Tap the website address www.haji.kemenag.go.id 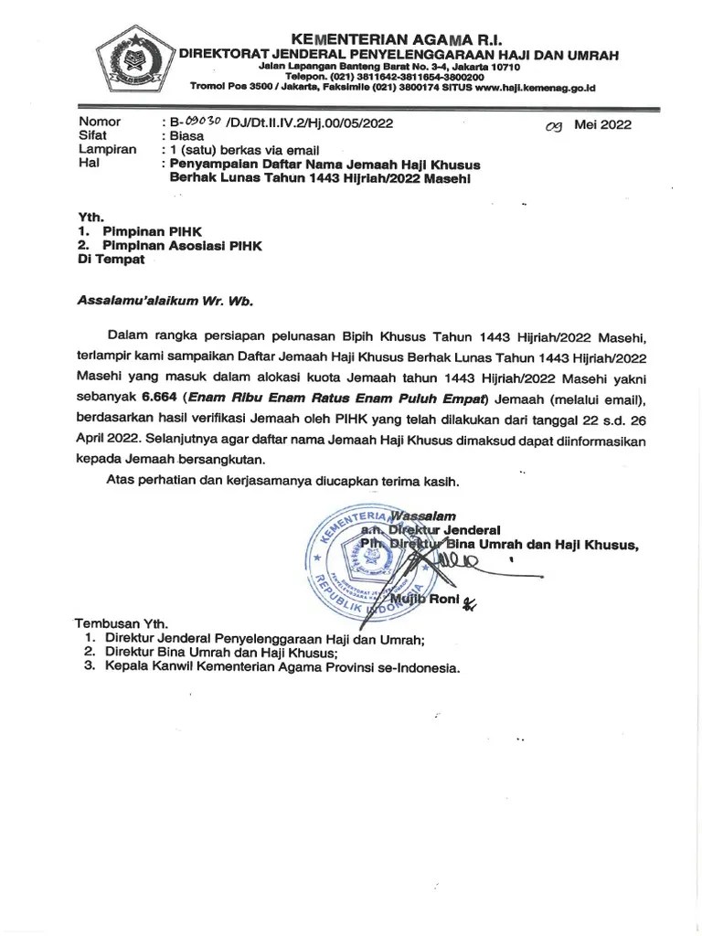tap(536, 87)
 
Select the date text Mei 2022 tap(602, 125)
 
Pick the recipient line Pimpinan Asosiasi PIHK tap(183, 246)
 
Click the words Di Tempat tap(111, 260)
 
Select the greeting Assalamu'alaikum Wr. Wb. tap(165, 300)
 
